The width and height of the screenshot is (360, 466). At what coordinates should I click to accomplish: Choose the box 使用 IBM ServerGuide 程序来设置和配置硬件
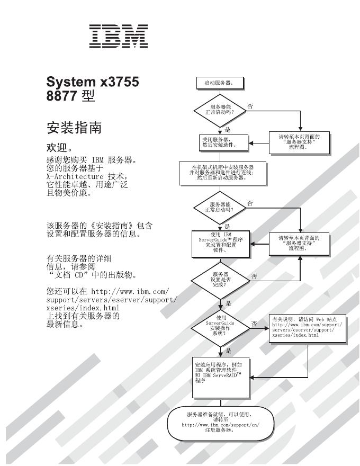pyautogui.click(x=220, y=244)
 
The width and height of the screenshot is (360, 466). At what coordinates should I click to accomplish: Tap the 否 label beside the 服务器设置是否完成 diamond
pyautogui.click(x=255, y=275)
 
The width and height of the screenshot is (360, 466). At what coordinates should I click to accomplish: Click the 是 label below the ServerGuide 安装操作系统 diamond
pyautogui.click(x=228, y=351)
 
